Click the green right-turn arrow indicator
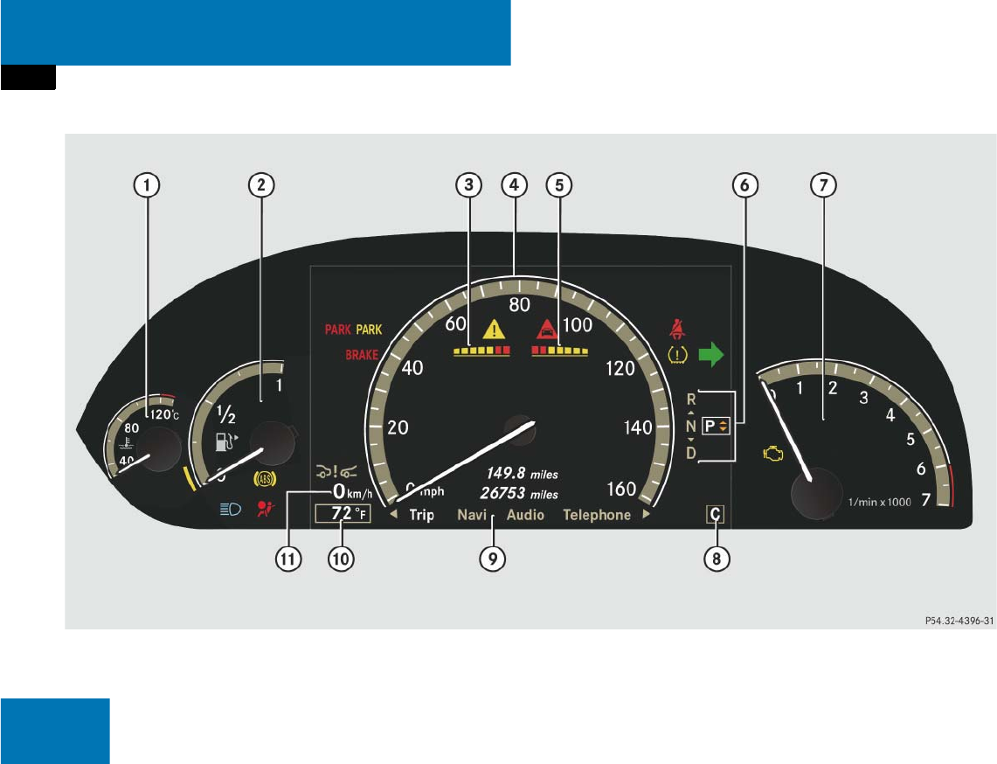(x=714, y=355)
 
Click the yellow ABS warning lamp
(x=260, y=478)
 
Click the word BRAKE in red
(x=362, y=355)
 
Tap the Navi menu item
(x=472, y=515)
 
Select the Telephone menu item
(x=597, y=515)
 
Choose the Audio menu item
(x=525, y=515)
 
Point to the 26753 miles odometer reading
(x=520, y=492)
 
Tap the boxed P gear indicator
(x=715, y=427)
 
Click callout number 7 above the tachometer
(x=822, y=184)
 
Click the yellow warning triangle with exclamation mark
(x=495, y=330)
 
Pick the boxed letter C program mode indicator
(x=715, y=515)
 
